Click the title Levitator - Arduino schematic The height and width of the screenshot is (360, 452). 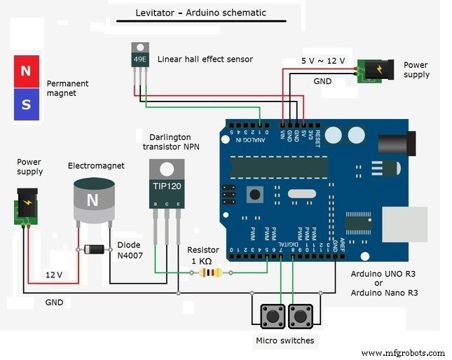(x=200, y=13)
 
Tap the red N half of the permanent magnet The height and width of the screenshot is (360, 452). (x=27, y=71)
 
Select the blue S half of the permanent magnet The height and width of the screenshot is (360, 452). (x=27, y=104)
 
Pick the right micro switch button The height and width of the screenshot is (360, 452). (x=301, y=316)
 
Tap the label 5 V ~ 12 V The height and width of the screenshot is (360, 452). (x=323, y=60)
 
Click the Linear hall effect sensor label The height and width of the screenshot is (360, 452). (x=205, y=60)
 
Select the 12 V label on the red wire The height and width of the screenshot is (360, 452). (x=55, y=275)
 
